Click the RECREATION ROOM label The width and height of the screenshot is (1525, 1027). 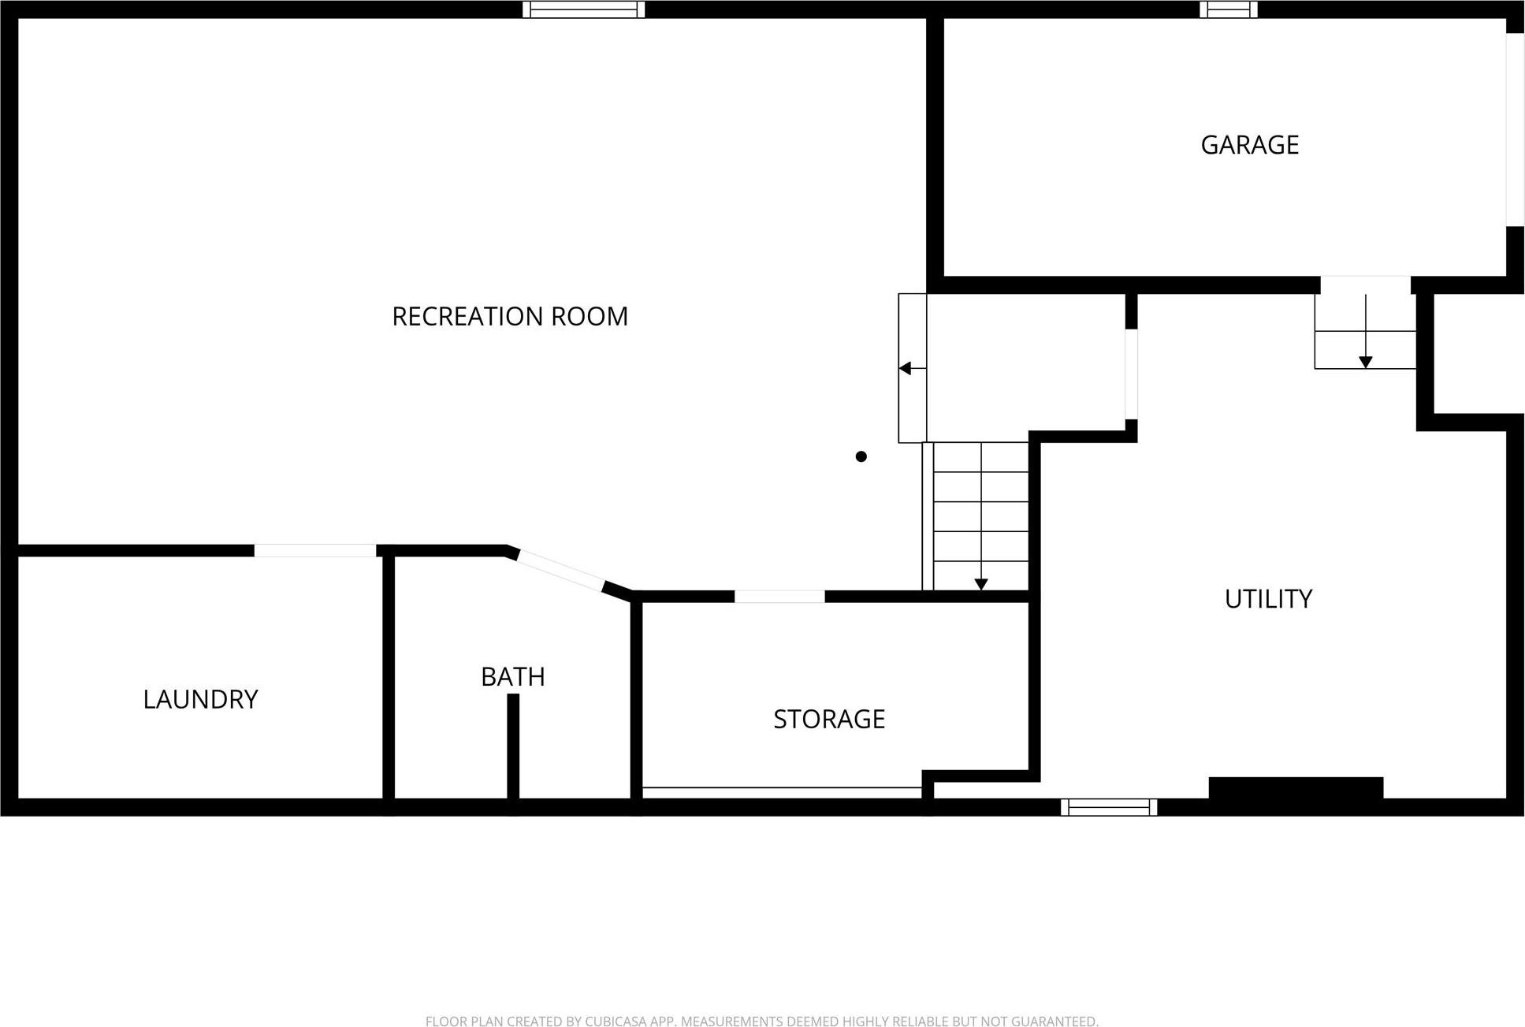click(510, 316)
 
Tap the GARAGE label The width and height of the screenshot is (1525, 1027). click(1249, 145)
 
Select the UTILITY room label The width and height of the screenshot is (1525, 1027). click(1268, 599)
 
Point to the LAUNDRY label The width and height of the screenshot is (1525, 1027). click(200, 699)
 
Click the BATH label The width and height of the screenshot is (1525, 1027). click(513, 676)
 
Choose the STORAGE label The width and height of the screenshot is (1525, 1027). click(829, 719)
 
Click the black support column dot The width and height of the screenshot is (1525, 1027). click(861, 456)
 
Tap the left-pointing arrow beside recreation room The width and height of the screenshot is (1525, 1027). click(906, 368)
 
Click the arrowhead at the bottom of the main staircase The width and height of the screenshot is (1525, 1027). click(981, 584)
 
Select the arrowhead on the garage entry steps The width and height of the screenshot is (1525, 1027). click(1366, 362)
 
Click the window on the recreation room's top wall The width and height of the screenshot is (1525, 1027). click(584, 9)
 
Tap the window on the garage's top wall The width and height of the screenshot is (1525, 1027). click(1229, 9)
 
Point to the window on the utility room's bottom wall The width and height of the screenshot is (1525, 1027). click(1109, 807)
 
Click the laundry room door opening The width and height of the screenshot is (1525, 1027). click(315, 550)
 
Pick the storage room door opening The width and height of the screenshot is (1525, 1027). click(779, 597)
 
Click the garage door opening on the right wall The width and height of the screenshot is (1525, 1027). click(1515, 130)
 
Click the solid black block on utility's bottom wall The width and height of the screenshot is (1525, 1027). click(1296, 788)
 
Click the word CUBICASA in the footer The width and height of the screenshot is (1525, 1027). click(617, 1021)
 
